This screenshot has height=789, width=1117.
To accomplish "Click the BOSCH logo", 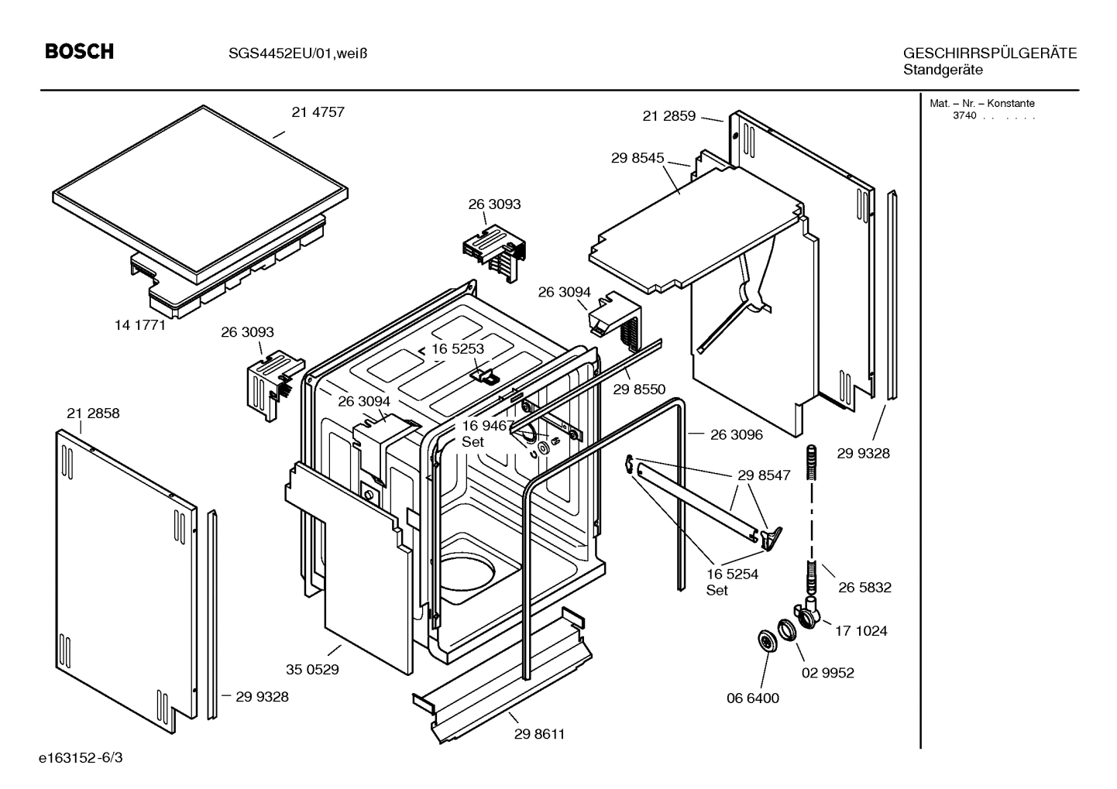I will (80, 52).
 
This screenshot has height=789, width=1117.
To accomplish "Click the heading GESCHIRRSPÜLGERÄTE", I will (989, 53).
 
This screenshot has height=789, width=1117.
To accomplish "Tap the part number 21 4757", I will (318, 112).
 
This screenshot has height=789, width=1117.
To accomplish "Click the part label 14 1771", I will (140, 325).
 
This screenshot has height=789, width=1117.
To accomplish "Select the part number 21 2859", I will (669, 116).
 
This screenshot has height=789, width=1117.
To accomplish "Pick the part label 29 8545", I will (638, 158).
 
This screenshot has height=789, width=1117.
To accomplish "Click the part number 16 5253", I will (458, 349).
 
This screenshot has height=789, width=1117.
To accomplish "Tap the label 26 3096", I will (736, 435).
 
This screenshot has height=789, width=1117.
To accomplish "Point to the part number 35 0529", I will (312, 670).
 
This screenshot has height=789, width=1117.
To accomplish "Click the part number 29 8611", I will (539, 734).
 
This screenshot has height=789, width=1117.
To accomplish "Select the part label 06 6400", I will (752, 698).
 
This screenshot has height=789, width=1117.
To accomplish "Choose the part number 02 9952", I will (827, 674).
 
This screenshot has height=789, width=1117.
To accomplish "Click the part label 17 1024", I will (861, 631).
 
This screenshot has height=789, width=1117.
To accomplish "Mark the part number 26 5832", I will (864, 588).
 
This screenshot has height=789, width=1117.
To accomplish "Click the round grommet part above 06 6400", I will (766, 642).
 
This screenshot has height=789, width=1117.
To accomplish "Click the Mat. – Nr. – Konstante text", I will (981, 104).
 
